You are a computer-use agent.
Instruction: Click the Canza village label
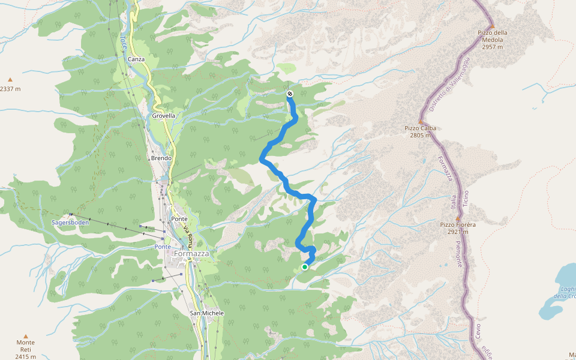click(136, 59)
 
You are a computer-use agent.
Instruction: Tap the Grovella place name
click(163, 116)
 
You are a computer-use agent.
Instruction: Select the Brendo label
click(161, 158)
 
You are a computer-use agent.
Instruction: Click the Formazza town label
click(191, 254)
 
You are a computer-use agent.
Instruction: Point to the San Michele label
click(206, 313)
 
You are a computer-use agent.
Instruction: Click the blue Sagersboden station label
click(70, 222)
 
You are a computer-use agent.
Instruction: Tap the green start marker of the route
click(305, 267)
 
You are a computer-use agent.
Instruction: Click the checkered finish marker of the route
click(290, 94)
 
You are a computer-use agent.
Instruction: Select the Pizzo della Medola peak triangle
click(491, 26)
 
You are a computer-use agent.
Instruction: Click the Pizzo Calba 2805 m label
click(420, 131)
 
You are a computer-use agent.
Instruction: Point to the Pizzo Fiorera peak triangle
click(458, 218)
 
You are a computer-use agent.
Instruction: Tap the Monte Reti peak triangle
click(25, 336)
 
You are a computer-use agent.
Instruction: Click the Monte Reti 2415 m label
click(25, 349)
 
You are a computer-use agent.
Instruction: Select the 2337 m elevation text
click(10, 89)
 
